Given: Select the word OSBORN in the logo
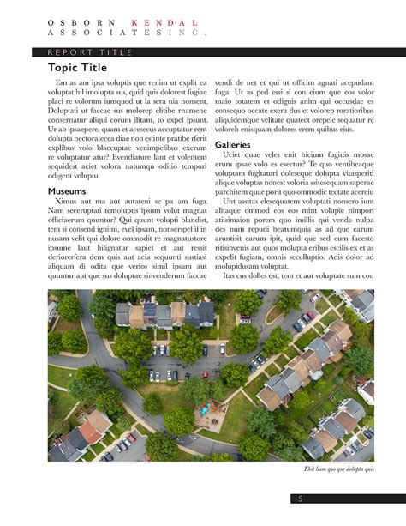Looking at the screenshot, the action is (80, 22).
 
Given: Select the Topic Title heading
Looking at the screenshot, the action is (77, 68).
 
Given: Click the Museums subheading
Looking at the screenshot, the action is (67, 190).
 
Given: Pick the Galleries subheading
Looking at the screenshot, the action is (232, 144).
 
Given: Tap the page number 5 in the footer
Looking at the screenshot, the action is (301, 499).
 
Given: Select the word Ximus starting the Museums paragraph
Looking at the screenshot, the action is (67, 201).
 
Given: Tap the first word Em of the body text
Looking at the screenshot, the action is (60, 82).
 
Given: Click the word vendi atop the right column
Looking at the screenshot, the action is (225, 82).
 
